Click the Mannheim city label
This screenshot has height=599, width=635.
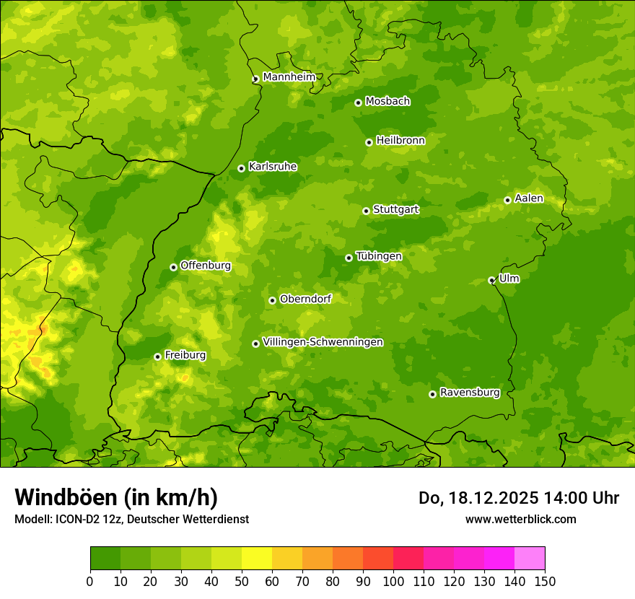(x=289, y=77)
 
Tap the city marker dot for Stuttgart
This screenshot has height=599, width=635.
(x=366, y=211)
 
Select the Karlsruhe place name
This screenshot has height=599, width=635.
(x=272, y=167)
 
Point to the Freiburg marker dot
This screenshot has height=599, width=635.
(x=157, y=357)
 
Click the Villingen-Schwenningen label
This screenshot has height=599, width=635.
(x=323, y=342)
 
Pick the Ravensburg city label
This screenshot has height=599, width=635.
(x=470, y=393)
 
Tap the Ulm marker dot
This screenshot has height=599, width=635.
(x=491, y=280)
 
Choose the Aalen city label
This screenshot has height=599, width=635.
(x=529, y=198)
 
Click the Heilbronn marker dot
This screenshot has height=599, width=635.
(x=369, y=142)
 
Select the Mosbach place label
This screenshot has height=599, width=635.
(x=387, y=102)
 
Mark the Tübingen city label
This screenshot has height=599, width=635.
(x=379, y=256)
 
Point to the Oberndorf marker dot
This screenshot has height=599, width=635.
(x=272, y=300)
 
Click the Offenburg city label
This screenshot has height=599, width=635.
(x=206, y=266)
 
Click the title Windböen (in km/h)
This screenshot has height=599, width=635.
(x=115, y=497)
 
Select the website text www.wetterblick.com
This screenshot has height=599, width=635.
(x=520, y=519)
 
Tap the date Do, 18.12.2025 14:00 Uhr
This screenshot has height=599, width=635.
(x=519, y=498)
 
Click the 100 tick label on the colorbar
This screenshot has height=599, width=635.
(x=393, y=581)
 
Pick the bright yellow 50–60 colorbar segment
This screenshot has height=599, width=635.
(x=257, y=558)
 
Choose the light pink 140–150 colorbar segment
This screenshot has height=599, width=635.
(x=530, y=558)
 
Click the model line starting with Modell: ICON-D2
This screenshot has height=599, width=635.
(x=131, y=519)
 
